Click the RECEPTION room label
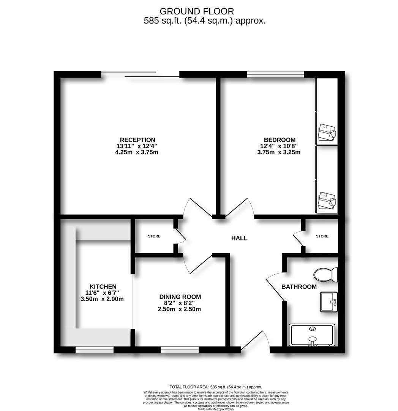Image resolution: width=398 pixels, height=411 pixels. (137, 140)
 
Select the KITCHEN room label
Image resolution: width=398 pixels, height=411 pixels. (103, 287)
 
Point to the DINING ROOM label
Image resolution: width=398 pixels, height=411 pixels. (180, 297)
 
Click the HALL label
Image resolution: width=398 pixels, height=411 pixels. (239, 238)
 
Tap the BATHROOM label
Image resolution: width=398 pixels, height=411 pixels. (299, 287)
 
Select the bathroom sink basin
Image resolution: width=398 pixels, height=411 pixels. (329, 302)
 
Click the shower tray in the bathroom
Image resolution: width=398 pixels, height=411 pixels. (312, 335)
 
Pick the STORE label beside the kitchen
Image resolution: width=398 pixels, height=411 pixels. (154, 236)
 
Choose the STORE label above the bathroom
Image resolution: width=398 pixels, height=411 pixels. (322, 236)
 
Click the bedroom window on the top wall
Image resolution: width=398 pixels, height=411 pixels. (276, 74)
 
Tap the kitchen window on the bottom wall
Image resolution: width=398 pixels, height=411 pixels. (95, 349)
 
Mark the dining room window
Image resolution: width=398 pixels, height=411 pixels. (180, 349)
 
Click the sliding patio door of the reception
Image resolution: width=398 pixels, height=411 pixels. (140, 75)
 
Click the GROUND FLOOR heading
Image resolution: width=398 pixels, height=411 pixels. (197, 11)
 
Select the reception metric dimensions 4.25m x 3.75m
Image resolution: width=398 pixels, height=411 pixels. (137, 152)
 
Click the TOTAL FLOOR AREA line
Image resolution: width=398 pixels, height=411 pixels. (216, 387)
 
